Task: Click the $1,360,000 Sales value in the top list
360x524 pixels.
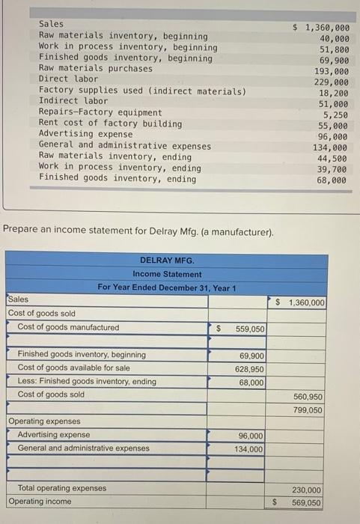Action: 323,27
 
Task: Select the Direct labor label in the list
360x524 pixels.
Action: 68,79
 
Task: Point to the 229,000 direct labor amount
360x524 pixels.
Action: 331,82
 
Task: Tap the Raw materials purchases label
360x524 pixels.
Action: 95,68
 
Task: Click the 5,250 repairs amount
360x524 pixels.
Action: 335,115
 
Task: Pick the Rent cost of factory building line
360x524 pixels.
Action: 110,124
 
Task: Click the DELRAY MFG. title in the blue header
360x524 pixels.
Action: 167,261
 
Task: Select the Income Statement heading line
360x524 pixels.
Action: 167,274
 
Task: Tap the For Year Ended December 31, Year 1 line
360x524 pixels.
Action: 167,288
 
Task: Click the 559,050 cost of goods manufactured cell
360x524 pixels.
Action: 248,329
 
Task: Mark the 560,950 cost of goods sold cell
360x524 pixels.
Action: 307,397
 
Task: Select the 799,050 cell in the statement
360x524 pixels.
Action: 307,410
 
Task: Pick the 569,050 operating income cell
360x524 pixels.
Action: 307,503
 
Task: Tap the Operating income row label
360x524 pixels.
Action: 40,502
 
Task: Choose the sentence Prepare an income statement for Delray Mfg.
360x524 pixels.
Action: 138,231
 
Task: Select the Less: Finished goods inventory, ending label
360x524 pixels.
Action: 87,381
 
